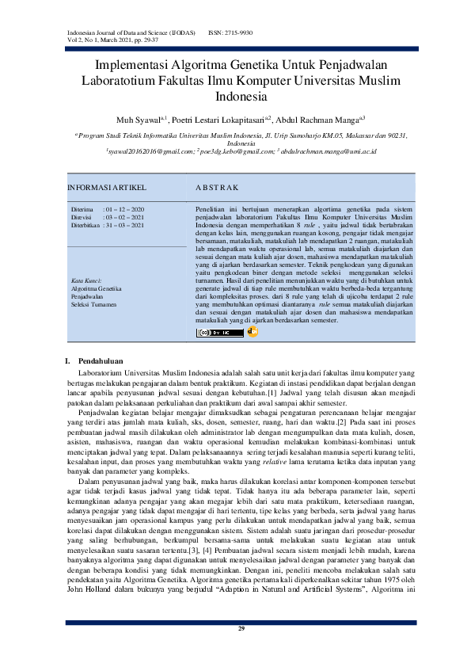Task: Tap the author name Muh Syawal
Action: point(135,120)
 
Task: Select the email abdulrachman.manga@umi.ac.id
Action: point(325,151)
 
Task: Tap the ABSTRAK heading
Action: point(216,189)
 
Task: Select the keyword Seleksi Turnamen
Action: point(94,304)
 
